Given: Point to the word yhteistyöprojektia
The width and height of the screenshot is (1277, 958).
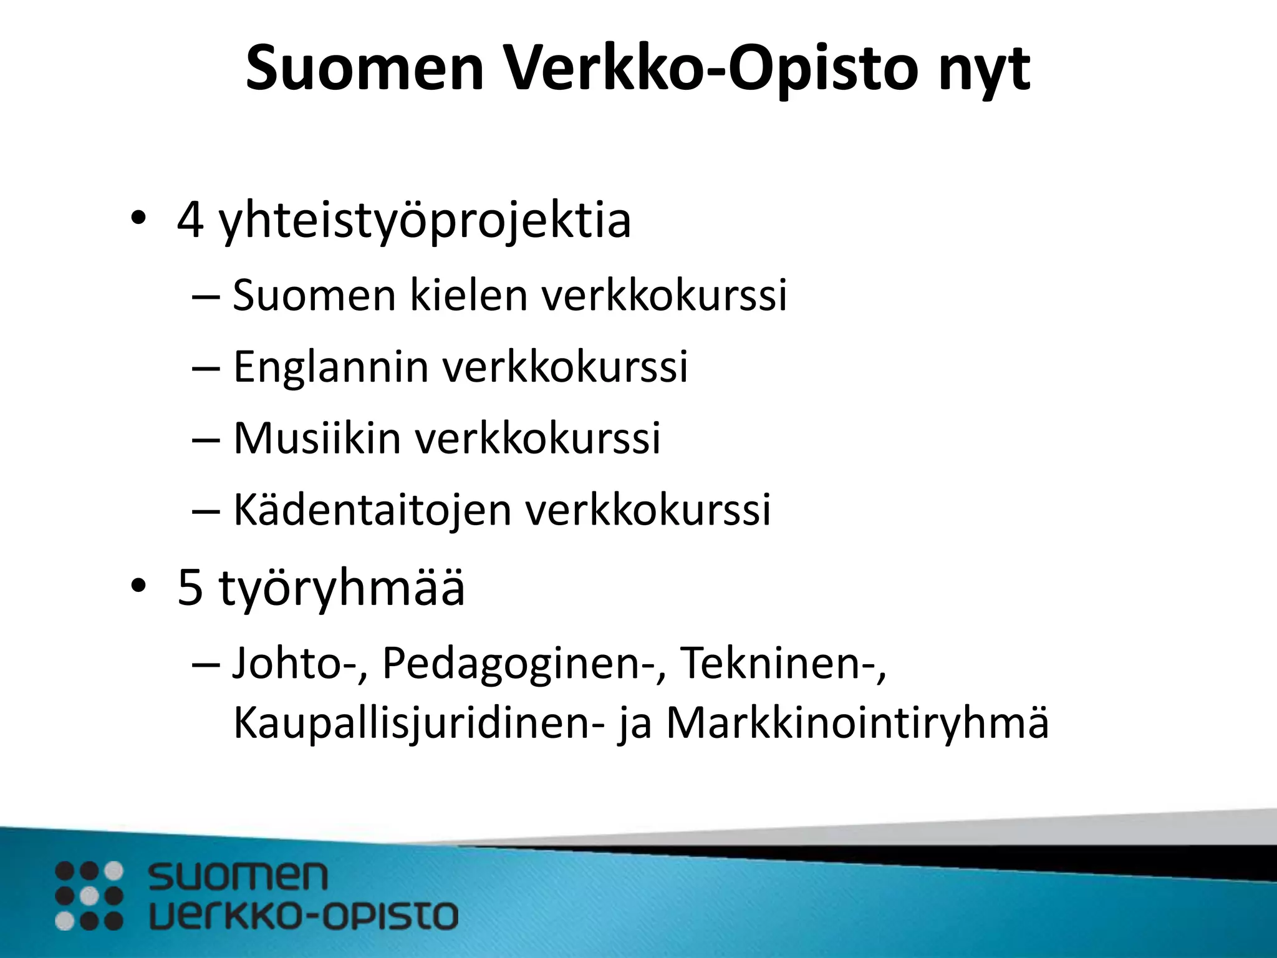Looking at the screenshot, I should click(425, 221).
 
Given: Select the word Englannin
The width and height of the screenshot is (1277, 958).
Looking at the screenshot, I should click(330, 367).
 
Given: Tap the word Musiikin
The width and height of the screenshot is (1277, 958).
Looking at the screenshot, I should click(317, 438).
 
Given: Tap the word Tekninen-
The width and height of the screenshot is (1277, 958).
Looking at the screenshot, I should click(783, 662).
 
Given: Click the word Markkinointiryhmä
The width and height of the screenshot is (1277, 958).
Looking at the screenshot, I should click(857, 723).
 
